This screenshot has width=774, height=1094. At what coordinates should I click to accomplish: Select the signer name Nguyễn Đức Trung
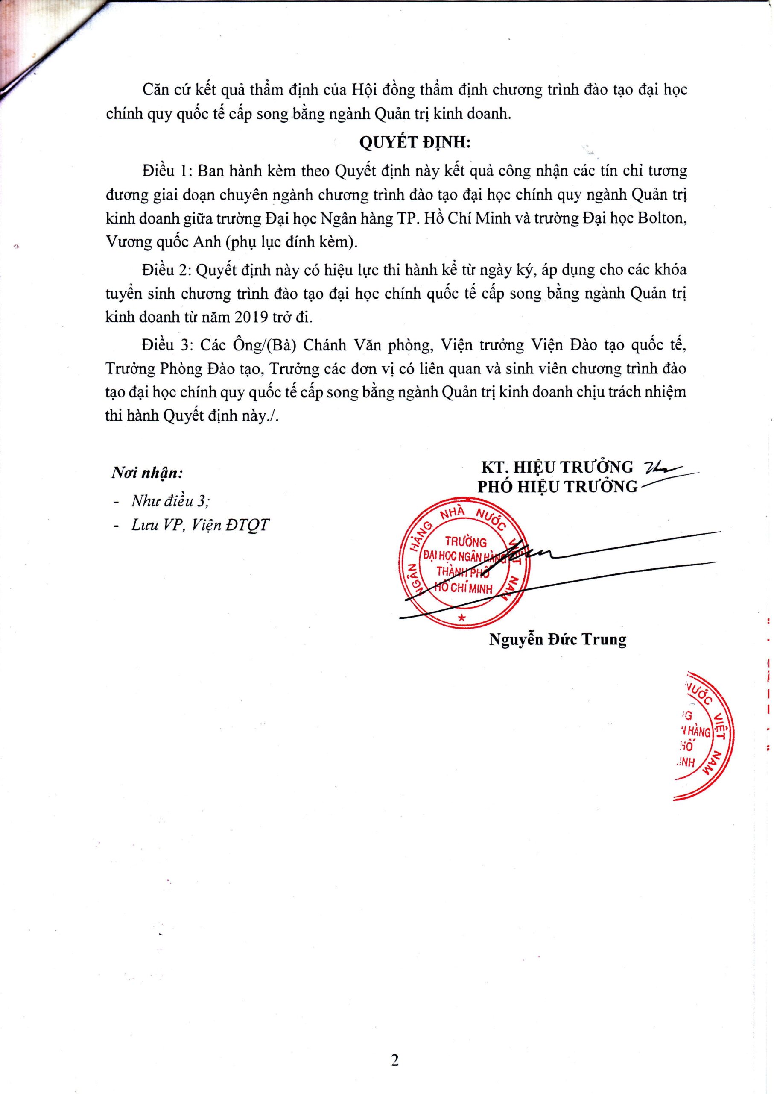pyautogui.click(x=557, y=639)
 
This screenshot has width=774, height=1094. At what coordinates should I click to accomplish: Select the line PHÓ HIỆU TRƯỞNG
pyautogui.click(x=557, y=486)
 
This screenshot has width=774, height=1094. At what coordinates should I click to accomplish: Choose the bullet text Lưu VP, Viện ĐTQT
pyautogui.click(x=201, y=525)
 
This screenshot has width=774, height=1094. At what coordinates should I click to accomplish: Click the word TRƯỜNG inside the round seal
pyautogui.click(x=466, y=542)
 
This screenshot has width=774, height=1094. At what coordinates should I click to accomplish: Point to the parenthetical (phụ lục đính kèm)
pyautogui.click(x=292, y=243)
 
